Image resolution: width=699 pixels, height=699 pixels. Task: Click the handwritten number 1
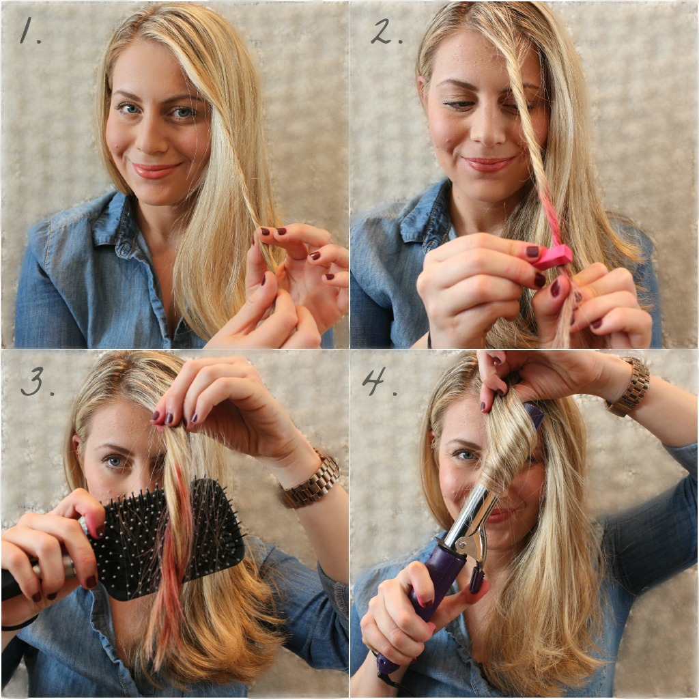29,32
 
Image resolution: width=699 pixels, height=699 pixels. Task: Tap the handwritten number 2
386,31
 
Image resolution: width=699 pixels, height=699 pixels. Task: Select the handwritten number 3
37,382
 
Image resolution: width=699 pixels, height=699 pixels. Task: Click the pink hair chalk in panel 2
553,257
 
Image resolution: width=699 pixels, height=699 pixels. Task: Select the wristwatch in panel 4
628,386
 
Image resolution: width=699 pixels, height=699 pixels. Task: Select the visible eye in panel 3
114,461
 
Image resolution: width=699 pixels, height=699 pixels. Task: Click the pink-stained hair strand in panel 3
171,557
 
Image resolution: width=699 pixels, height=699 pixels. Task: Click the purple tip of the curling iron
534,414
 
